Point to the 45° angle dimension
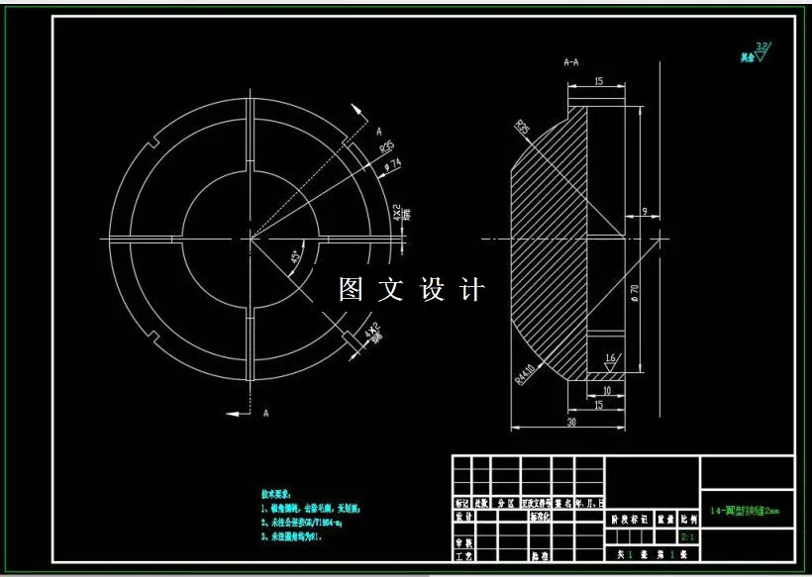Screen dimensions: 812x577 tap(296, 257)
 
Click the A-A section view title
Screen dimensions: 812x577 tap(571, 62)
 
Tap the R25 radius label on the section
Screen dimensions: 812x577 tap(523, 128)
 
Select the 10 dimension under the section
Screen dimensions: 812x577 tap(606, 390)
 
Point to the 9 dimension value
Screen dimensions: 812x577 tap(645, 211)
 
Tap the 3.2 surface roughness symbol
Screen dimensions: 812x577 tap(761, 48)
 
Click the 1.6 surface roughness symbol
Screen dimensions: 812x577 tap(610, 359)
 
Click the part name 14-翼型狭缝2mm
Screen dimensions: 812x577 tap(745, 512)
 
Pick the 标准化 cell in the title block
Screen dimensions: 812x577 tap(541, 517)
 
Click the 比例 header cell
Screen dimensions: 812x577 tap(686, 517)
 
